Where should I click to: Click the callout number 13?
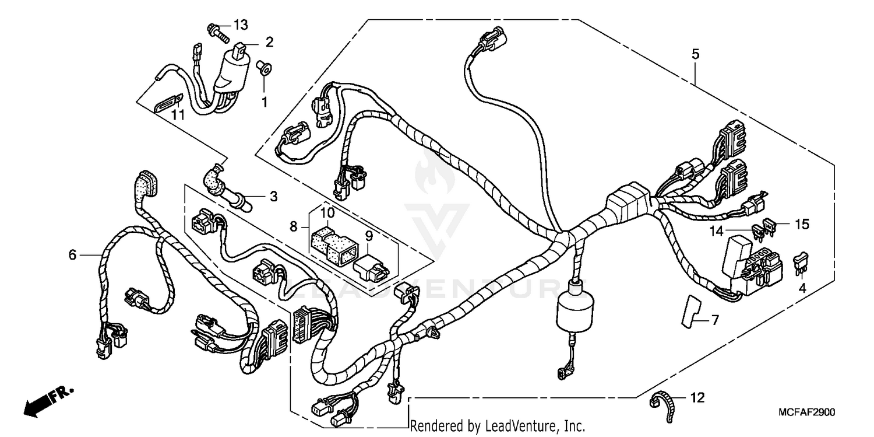click(241, 25)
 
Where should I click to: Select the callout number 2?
click(269, 41)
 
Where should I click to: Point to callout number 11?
click(178, 115)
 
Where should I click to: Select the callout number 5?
click(695, 54)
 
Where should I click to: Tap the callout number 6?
click(72, 254)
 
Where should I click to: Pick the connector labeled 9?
click(370, 267)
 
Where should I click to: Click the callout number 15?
click(803, 223)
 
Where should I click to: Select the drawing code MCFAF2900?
click(806, 412)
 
